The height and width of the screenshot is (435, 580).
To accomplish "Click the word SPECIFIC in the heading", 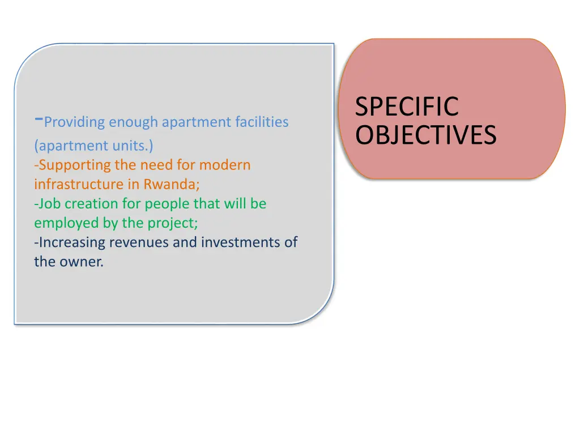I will (x=406, y=108).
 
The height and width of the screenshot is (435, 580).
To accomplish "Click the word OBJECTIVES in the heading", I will (x=426, y=135).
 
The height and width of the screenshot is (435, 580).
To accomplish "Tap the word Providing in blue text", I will (x=75, y=122).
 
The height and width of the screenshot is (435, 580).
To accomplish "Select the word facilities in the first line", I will (x=262, y=122).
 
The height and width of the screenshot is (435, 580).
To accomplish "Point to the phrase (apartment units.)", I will (x=93, y=146).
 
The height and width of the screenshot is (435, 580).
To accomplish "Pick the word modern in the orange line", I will (x=224, y=165).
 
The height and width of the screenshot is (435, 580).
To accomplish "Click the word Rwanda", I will (x=171, y=184).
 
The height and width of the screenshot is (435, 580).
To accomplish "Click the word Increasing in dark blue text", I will (x=72, y=242).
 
